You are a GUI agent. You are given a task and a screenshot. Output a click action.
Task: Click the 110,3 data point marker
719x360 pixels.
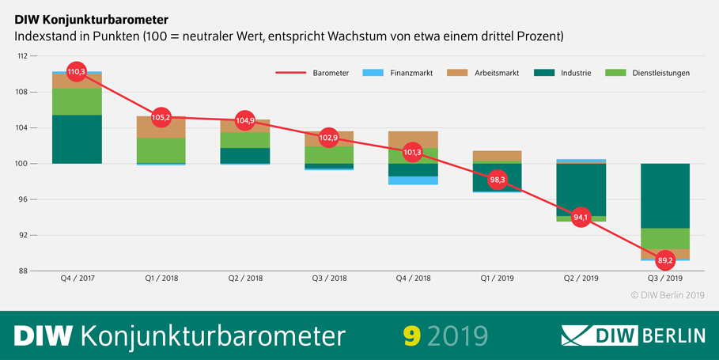click(76, 73)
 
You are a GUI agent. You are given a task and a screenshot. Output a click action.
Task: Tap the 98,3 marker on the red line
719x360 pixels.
click(497, 180)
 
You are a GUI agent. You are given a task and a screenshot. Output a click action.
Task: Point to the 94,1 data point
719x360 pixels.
click(581, 218)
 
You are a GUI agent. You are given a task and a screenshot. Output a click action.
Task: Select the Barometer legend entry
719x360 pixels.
click(312, 74)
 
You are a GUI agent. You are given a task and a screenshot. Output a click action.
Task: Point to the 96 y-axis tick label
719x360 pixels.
click(23, 199)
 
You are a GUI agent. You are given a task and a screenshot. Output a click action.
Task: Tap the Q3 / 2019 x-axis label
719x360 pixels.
click(664, 279)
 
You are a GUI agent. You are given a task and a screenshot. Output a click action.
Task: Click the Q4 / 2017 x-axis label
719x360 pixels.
click(77, 279)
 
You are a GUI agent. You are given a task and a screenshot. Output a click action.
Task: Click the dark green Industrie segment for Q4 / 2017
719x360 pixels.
click(77, 139)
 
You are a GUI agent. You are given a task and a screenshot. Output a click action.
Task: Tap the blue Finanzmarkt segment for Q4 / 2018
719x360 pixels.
click(413, 180)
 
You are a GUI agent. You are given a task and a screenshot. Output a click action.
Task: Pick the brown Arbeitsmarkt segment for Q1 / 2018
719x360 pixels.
click(161, 127)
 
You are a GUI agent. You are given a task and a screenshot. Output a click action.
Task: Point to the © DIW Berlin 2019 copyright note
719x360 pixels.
click(667, 294)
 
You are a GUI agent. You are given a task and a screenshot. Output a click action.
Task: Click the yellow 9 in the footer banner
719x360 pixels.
click(411, 335)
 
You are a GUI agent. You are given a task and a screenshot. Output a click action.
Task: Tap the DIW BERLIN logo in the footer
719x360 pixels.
click(632, 335)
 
